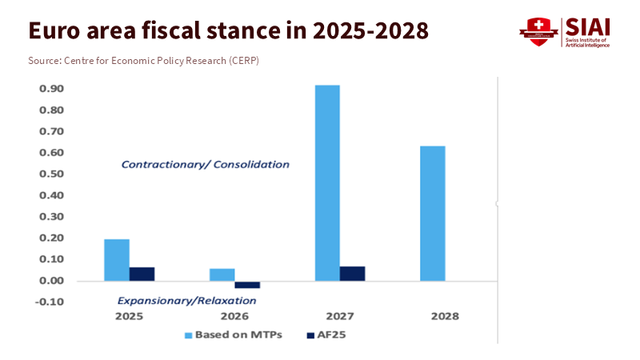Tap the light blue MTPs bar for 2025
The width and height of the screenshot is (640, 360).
click(x=117, y=260)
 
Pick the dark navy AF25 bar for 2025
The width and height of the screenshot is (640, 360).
click(x=142, y=274)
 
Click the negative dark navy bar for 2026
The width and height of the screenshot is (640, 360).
click(x=247, y=285)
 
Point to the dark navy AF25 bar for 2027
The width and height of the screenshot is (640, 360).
click(x=352, y=274)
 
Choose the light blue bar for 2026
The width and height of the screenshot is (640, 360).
click(x=222, y=274)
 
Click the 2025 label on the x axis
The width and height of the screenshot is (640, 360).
click(x=129, y=316)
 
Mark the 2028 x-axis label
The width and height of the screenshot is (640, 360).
click(x=445, y=316)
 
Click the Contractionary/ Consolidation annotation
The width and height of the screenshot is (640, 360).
click(x=205, y=164)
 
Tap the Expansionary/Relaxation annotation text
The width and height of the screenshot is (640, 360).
click(x=186, y=301)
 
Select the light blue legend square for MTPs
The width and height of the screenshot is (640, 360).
click(x=189, y=334)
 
